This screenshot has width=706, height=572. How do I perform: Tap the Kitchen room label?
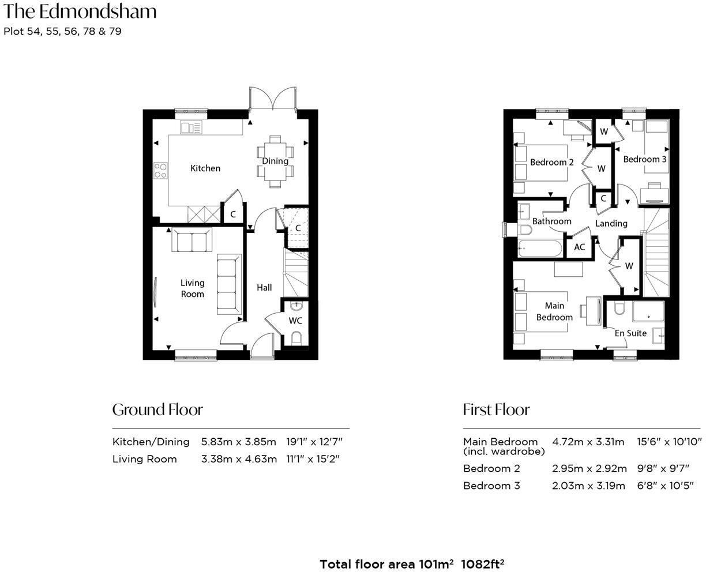coord(205,168)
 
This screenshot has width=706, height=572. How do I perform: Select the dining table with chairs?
coord(275,161)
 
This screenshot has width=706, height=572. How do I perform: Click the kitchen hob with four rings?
coord(160,170)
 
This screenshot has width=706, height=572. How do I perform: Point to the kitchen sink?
coord(191,127)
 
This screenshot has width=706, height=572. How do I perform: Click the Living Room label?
coord(192,288)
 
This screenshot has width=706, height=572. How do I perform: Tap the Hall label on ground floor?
coord(264,287)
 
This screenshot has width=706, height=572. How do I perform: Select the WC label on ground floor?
coord(295,321)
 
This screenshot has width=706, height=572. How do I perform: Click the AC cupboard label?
coord(579,247)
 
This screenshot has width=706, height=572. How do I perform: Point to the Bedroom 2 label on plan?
coord(551,163)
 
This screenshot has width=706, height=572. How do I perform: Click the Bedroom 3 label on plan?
coord(644,159)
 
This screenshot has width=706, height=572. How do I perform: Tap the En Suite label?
coord(630,333)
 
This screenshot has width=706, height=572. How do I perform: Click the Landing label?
coord(611,223)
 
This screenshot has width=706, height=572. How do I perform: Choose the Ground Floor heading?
coord(157,410)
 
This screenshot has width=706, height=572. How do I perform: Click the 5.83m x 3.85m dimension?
coord(239,442)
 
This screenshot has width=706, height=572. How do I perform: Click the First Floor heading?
coord(496,410)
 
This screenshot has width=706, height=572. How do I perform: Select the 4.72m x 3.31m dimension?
coord(588,442)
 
